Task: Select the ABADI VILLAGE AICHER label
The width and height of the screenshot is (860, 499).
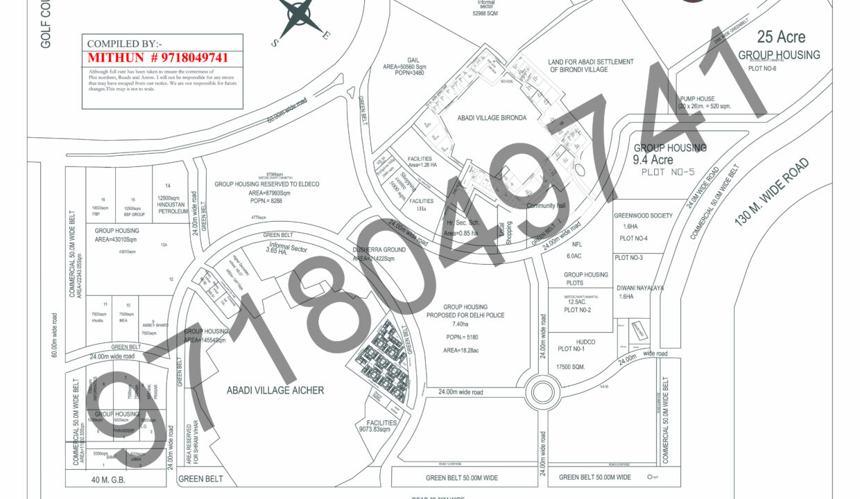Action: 275,391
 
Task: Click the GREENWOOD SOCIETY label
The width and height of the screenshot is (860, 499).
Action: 643,216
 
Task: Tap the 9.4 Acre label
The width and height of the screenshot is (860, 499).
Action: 653,160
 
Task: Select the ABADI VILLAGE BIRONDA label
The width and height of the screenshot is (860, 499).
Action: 492,119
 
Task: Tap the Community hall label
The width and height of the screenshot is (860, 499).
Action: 546,206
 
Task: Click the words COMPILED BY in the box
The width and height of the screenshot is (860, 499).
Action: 120,44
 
